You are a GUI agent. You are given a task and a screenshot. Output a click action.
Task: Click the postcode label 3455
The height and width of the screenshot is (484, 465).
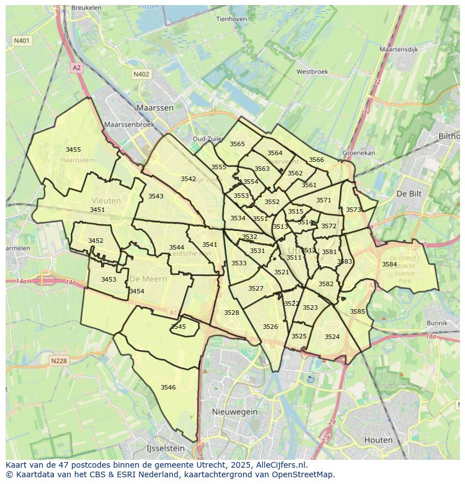coord(73,150)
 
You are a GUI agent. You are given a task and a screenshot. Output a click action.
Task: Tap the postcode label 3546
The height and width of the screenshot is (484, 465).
coord(168,387)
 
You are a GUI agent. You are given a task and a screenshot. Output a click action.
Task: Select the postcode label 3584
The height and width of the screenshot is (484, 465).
coord(389,264)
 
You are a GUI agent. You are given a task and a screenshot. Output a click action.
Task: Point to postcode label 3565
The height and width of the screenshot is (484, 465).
coord(237,144)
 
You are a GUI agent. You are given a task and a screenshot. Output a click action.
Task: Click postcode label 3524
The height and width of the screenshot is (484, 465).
coord(332,337)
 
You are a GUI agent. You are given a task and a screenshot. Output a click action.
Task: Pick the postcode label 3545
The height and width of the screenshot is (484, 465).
coord(178,327)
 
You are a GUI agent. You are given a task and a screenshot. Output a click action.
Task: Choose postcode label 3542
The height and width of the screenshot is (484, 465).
coord(188,179)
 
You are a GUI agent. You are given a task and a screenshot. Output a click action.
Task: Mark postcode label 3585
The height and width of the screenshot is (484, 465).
coord(357,311)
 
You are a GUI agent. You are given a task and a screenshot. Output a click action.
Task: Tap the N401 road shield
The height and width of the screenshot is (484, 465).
coord(22,40)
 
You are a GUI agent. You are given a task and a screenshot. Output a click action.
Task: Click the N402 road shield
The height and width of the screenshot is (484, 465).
coord(142,74)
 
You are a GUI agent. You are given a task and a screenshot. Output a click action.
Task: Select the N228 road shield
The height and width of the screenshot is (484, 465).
coord(59,361)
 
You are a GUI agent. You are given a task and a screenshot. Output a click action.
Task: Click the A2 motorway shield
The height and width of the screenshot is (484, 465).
coord(77,67)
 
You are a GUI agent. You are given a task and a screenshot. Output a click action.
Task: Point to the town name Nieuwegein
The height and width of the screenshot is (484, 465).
coord(235,411)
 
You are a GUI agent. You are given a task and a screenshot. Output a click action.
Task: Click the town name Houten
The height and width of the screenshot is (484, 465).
coord(379,440)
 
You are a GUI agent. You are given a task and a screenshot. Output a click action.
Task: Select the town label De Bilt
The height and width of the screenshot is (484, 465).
coord(409,193)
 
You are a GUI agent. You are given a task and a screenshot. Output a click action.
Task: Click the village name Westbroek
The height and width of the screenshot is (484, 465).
coord(312,72)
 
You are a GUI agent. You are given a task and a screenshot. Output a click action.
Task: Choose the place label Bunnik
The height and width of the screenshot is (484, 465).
coord(437,323)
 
